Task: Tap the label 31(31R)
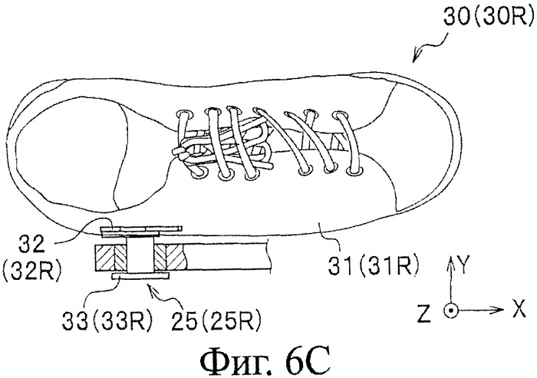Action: pyautogui.click(x=374, y=268)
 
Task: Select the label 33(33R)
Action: pyautogui.click(x=107, y=321)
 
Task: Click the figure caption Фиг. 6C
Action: pyautogui.click(x=265, y=361)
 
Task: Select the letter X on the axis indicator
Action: pyautogui.click(x=518, y=309)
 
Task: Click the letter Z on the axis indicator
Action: pyautogui.click(x=423, y=313)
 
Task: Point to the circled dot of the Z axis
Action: pyautogui.click(x=450, y=311)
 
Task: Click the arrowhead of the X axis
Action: pyautogui.click(x=499, y=310)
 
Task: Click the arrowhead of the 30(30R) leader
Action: pyautogui.click(x=416, y=58)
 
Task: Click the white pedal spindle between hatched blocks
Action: pyautogui.click(x=140, y=256)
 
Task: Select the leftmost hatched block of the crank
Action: pyautogui.click(x=106, y=258)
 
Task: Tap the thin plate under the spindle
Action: pyautogui.click(x=140, y=276)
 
